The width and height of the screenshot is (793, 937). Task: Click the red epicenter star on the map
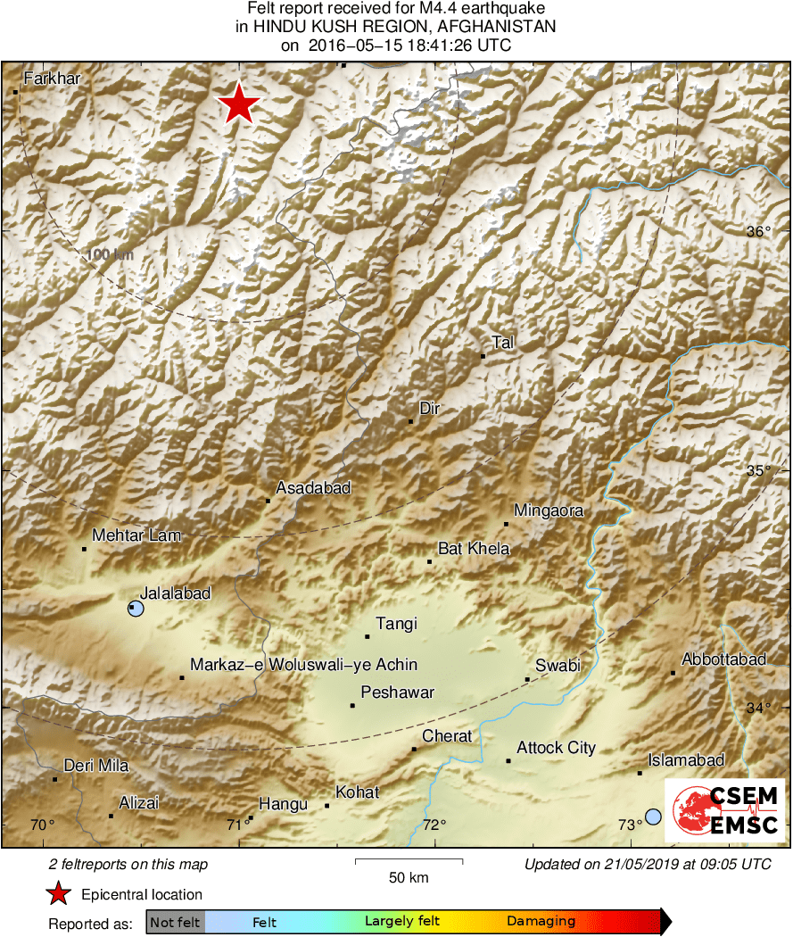coord(239,104)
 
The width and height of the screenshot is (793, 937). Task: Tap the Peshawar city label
coord(397,692)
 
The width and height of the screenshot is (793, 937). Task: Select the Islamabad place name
coord(686,760)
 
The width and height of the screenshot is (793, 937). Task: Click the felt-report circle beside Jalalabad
coord(136,609)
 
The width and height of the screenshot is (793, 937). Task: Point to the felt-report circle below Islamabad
coord(653,816)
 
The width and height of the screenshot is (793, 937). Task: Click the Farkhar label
coord(52,79)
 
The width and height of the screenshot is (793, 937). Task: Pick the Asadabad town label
coord(313,488)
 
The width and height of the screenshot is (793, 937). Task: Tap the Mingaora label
coord(549,511)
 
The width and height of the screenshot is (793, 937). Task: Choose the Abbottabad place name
coord(723,659)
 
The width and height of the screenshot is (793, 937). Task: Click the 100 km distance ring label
coord(111,254)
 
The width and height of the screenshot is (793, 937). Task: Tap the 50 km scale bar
coord(409,862)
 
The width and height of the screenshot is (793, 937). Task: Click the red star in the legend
coord(59,894)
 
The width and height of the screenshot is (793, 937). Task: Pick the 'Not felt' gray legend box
coord(174,922)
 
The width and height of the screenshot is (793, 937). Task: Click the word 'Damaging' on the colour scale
coord(541,922)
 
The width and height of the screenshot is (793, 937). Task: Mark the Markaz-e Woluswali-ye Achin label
coord(303,665)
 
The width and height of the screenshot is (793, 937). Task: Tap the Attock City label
coord(556,748)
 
